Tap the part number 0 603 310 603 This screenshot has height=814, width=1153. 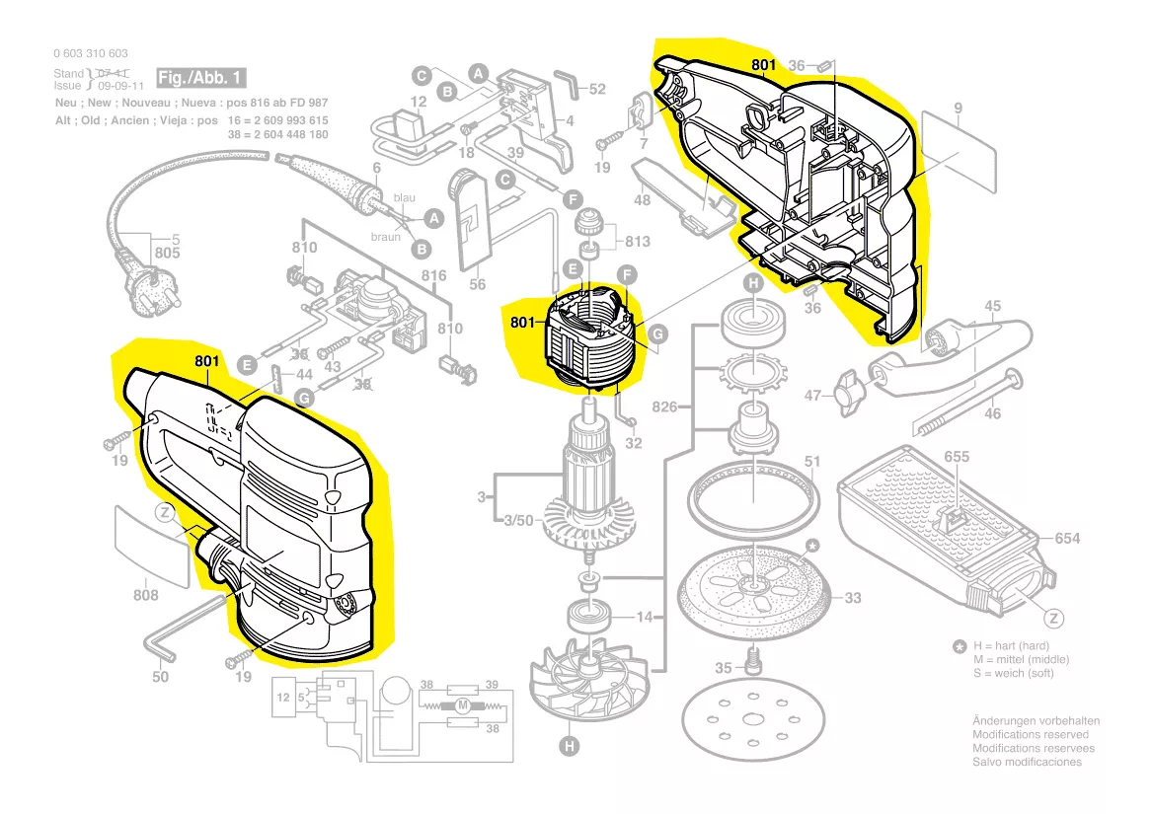tap(91, 53)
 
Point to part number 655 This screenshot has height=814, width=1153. tap(957, 457)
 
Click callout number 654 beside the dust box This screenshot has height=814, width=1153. tap(1067, 538)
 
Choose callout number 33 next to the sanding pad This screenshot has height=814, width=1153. tap(853, 598)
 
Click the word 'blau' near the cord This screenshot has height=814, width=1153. tap(405, 197)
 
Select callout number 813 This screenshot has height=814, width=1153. tap(638, 242)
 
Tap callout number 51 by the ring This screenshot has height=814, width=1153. tap(812, 461)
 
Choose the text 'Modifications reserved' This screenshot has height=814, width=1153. tap(1031, 734)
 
